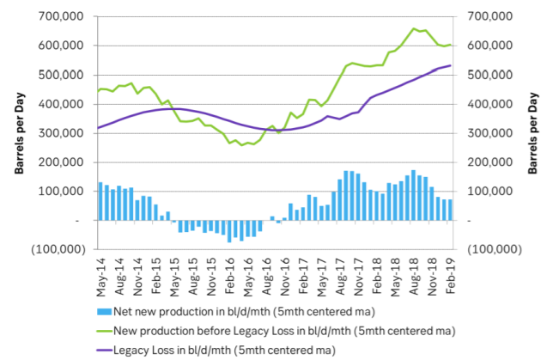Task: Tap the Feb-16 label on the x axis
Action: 230,273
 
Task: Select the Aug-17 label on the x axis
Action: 346,273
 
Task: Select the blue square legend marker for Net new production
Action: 106,310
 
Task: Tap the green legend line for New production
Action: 106,330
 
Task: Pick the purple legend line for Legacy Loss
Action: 106,350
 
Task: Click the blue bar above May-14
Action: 100,202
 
